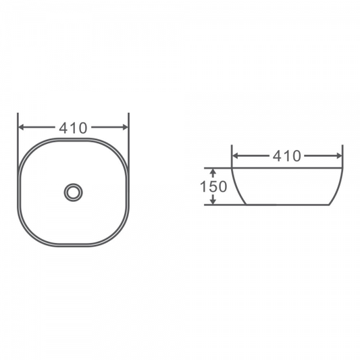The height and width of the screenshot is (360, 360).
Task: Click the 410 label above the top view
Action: [x=73, y=128]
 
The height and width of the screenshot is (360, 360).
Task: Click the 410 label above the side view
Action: [x=287, y=156]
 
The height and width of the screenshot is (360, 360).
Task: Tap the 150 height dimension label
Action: [x=213, y=186]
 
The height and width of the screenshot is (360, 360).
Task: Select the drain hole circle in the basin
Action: [x=73, y=192]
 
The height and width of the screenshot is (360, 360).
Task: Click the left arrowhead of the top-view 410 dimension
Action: [x=21, y=127]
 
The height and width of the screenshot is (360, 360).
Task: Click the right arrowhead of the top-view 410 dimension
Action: [x=126, y=127]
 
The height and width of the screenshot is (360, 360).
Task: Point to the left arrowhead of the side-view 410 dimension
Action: [x=235, y=156]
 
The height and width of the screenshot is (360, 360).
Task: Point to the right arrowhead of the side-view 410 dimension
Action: [x=340, y=156]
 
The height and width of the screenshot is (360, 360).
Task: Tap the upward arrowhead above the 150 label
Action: [x=213, y=172]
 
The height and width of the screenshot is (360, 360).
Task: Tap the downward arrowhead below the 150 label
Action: [x=213, y=201]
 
